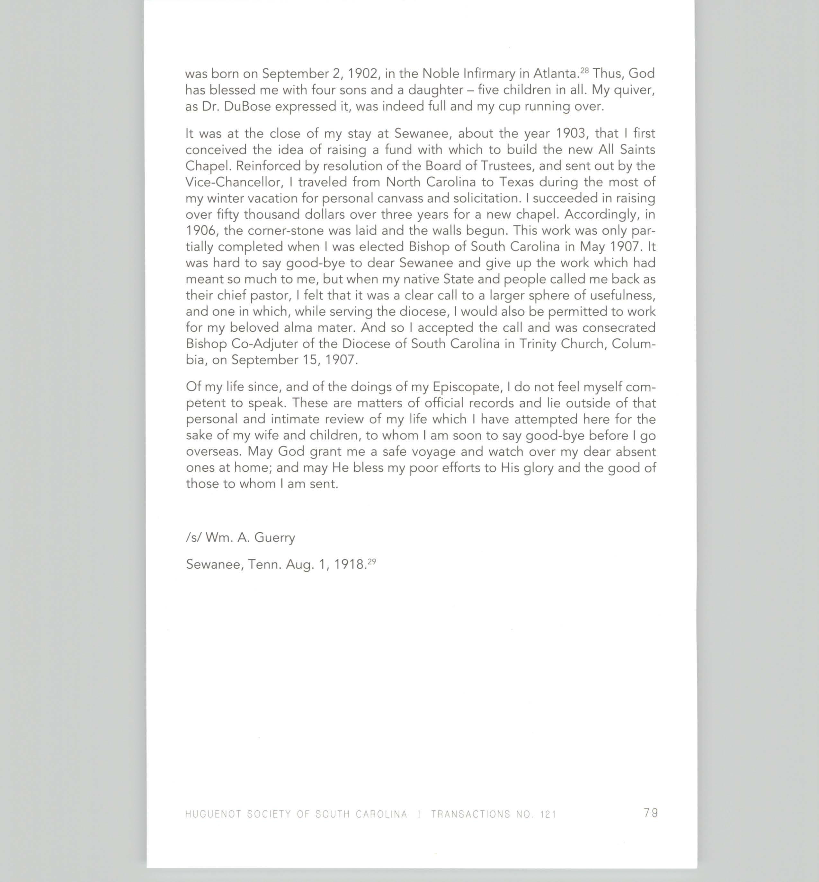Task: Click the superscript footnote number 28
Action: click(584, 70)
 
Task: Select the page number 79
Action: click(651, 813)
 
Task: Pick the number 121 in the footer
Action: click(548, 814)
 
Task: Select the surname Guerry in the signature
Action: click(275, 537)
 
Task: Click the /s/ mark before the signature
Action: click(194, 537)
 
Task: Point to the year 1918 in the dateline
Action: click(349, 564)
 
